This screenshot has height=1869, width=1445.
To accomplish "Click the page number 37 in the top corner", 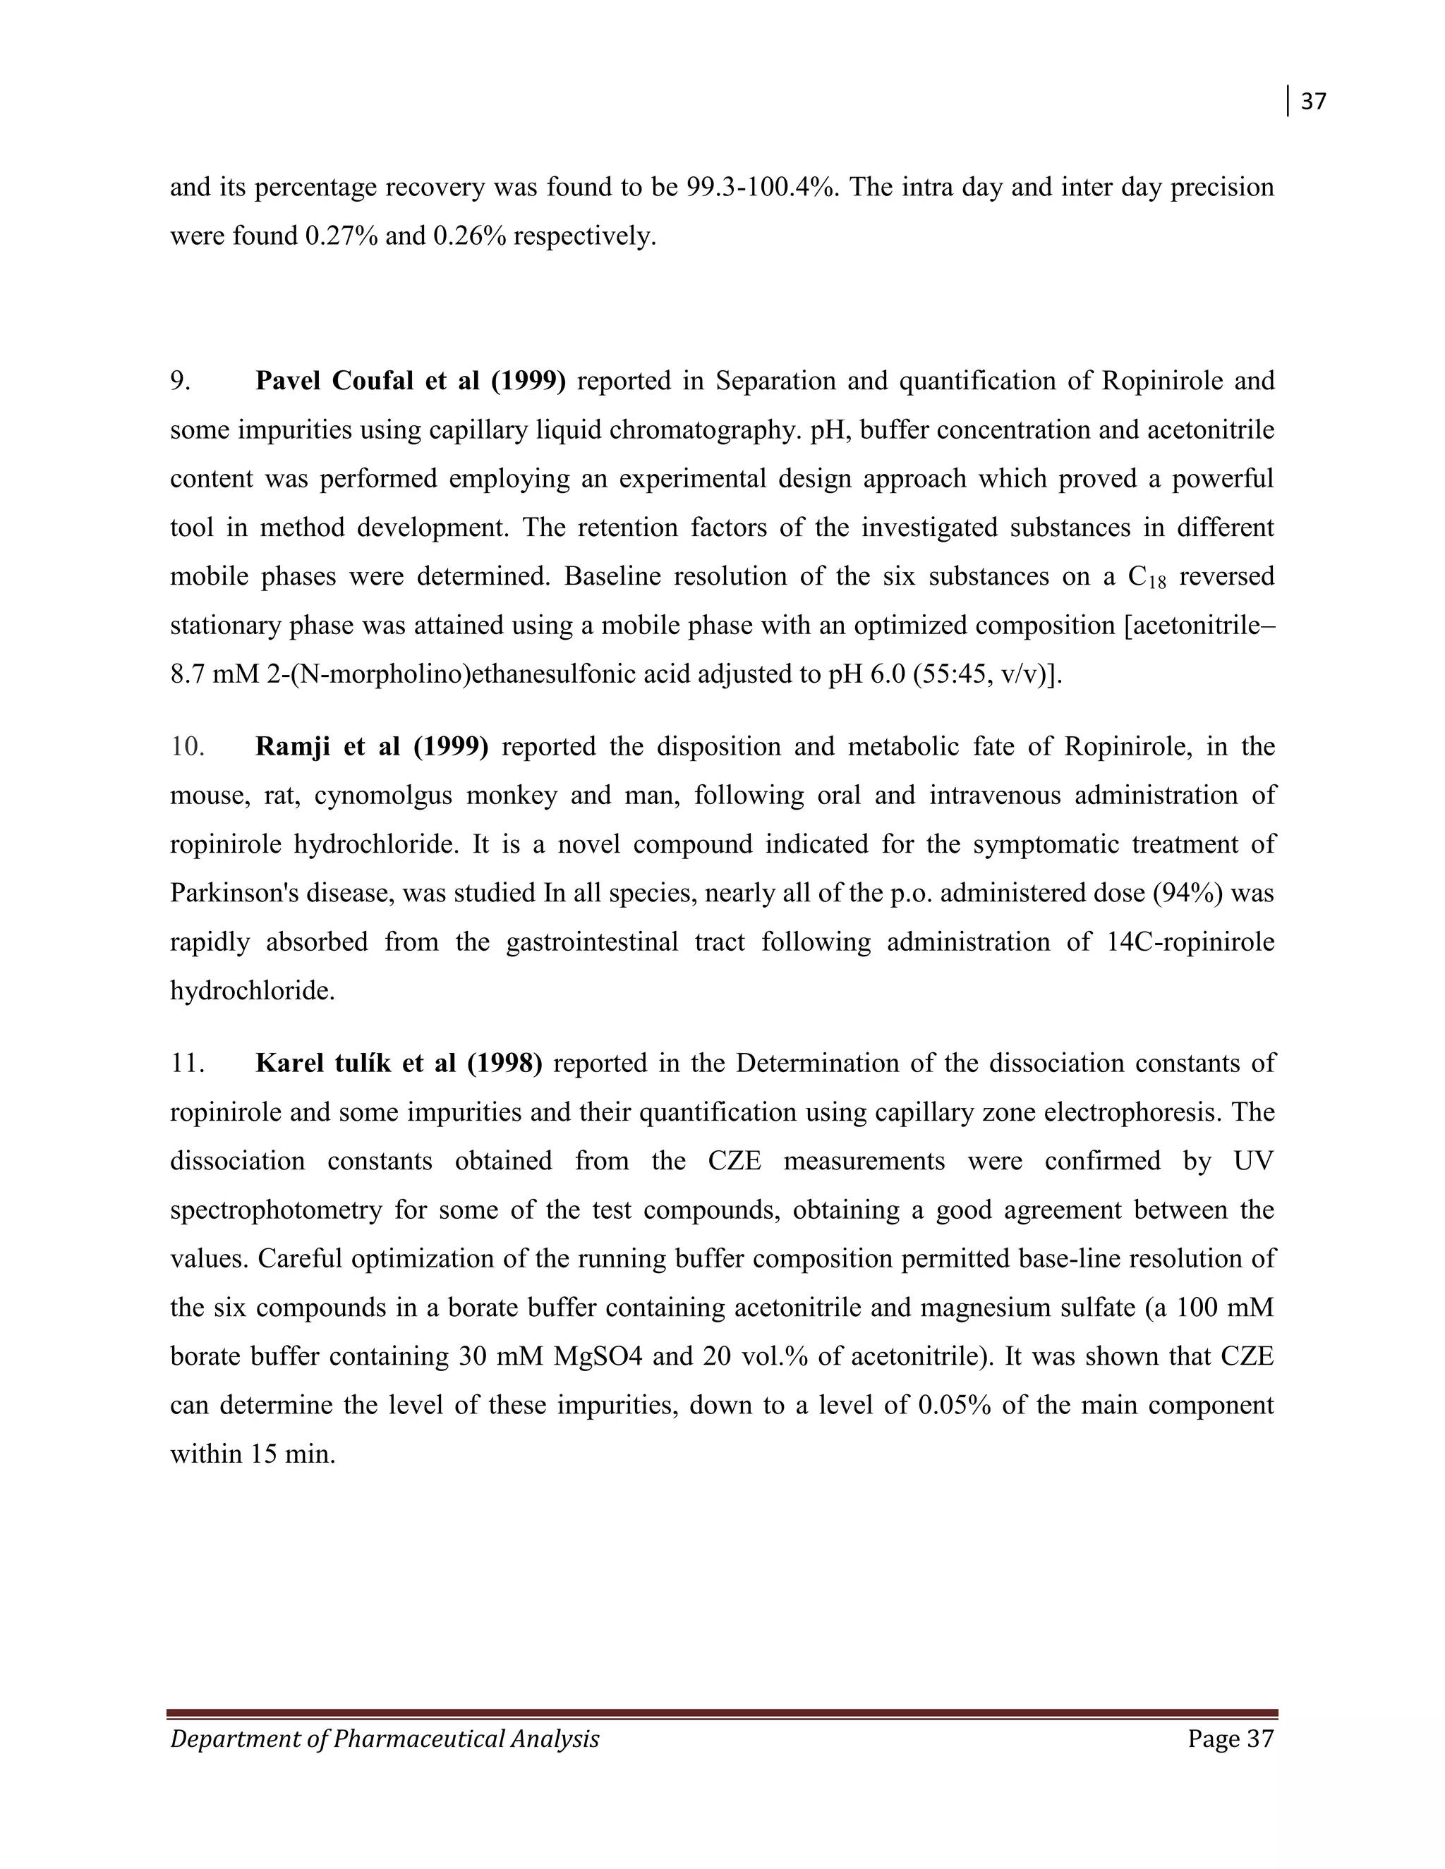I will (x=1313, y=102).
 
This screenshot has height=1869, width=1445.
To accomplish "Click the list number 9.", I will (x=180, y=381).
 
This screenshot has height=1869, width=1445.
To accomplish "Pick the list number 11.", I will (x=186, y=1064).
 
